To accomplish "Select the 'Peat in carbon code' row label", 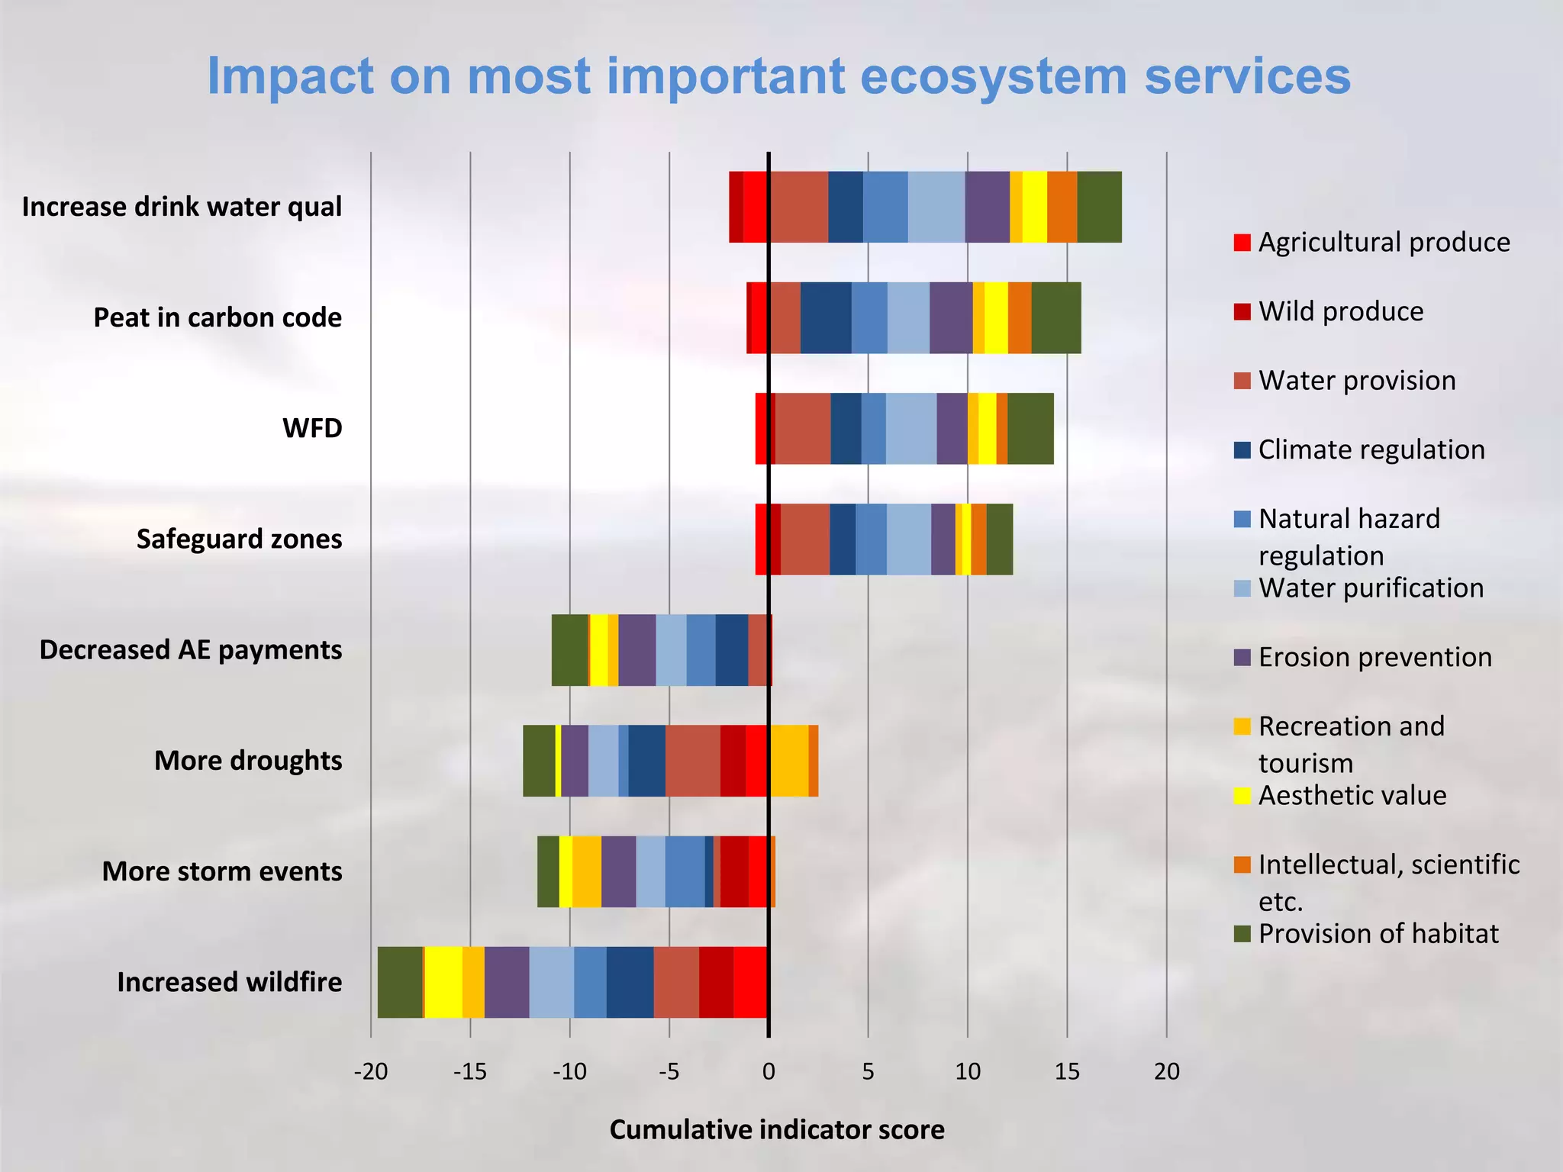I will (x=217, y=317).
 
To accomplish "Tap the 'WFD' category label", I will (x=312, y=428).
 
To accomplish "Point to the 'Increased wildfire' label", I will (x=229, y=982).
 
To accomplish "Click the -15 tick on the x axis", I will (x=469, y=1072).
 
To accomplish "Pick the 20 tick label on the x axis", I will (x=1166, y=1072).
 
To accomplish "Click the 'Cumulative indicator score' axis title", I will (x=776, y=1129).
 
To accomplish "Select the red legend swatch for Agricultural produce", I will (x=1242, y=243).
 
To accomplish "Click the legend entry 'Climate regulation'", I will (x=1371, y=449).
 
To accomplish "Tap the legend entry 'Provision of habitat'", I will (x=1378, y=934).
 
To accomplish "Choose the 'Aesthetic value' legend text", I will (x=1352, y=796).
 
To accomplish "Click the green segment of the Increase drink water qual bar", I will (x=1099, y=207).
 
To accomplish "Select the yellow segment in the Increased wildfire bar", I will (x=443, y=982).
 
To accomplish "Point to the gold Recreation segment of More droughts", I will (x=789, y=761).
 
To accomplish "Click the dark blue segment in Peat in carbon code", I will (x=826, y=317).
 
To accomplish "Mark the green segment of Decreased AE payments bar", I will (x=570, y=650).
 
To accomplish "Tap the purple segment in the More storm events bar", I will (x=618, y=871).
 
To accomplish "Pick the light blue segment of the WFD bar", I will (x=910, y=428).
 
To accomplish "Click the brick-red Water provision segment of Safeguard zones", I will (x=804, y=539).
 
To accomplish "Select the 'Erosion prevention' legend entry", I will (x=1374, y=657).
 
